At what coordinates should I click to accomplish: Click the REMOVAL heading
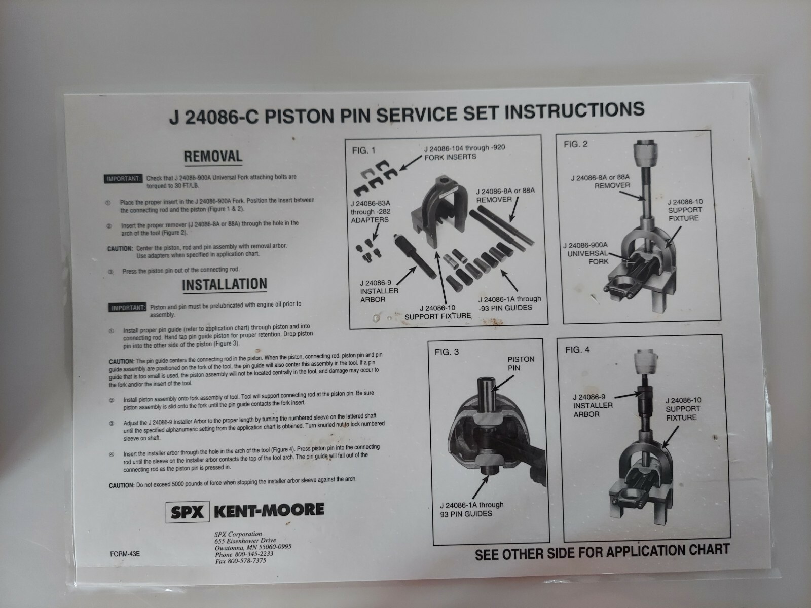pyautogui.click(x=213, y=156)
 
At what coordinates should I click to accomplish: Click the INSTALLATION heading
pyautogui.click(x=224, y=285)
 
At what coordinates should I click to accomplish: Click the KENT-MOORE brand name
pyautogui.click(x=269, y=510)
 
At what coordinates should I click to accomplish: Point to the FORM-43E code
pyautogui.click(x=125, y=554)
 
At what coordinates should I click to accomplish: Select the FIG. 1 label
pyautogui.click(x=364, y=150)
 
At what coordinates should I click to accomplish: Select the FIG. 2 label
pyautogui.click(x=576, y=144)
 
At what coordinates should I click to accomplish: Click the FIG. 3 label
pyautogui.click(x=447, y=352)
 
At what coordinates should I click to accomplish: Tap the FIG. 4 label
pyautogui.click(x=577, y=350)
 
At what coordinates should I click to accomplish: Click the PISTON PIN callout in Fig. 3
pyautogui.click(x=521, y=363)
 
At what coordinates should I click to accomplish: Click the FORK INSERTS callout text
pyautogui.click(x=450, y=157)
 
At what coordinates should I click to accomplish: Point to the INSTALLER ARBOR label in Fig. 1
pyautogui.click(x=379, y=291)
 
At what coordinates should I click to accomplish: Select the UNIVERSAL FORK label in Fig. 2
pyautogui.click(x=588, y=253)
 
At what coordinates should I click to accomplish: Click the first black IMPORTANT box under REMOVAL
pyautogui.click(x=123, y=179)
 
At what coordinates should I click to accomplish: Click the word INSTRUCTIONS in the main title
pyautogui.click(x=575, y=110)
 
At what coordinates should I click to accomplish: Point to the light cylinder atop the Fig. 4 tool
pyautogui.click(x=644, y=363)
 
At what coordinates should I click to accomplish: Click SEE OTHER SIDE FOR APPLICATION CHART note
pyautogui.click(x=602, y=551)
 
